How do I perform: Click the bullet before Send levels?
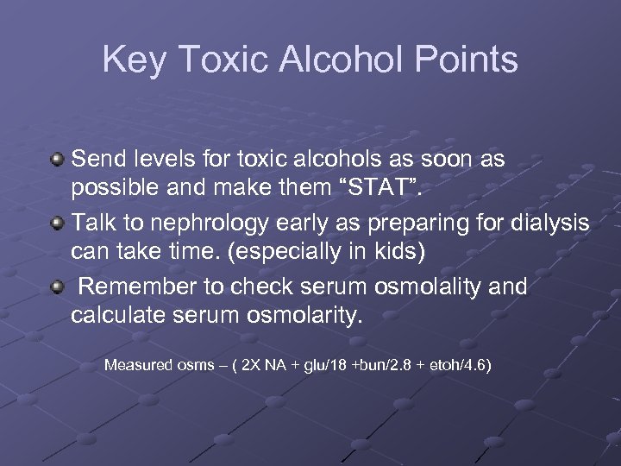58,160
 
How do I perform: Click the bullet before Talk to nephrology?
58,224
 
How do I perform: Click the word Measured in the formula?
138,365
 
